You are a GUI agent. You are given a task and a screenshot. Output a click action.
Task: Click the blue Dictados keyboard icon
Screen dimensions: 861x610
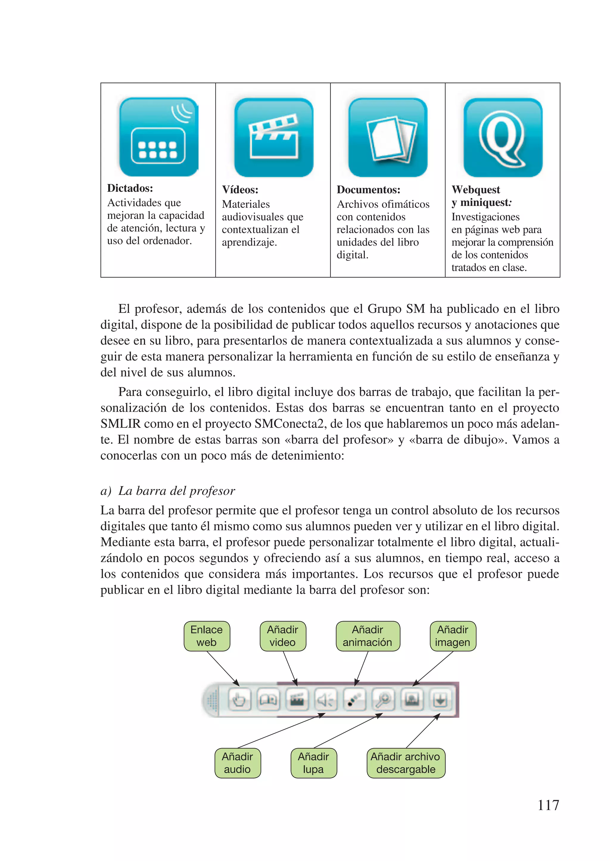(158, 137)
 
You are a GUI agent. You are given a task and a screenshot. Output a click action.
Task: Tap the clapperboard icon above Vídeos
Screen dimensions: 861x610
(273, 138)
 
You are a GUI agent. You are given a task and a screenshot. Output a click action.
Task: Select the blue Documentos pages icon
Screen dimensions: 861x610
(388, 138)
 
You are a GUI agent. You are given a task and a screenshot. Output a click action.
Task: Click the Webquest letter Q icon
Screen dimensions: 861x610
(503, 138)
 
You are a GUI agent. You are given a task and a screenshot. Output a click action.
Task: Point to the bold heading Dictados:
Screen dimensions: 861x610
(130, 188)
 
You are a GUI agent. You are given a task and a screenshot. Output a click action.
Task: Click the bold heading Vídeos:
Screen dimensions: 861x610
(240, 190)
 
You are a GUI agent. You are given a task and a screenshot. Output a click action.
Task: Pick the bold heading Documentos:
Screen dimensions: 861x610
(368, 190)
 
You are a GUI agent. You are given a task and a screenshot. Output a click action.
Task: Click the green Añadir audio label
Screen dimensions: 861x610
(237, 763)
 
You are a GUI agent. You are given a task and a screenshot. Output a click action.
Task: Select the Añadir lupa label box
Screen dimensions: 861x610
(314, 763)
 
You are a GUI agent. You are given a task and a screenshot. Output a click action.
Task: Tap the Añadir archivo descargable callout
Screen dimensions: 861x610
(406, 763)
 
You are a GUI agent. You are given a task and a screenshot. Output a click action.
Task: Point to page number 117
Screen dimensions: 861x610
(548, 805)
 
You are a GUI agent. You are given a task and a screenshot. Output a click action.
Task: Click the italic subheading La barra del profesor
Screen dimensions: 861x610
(177, 491)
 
